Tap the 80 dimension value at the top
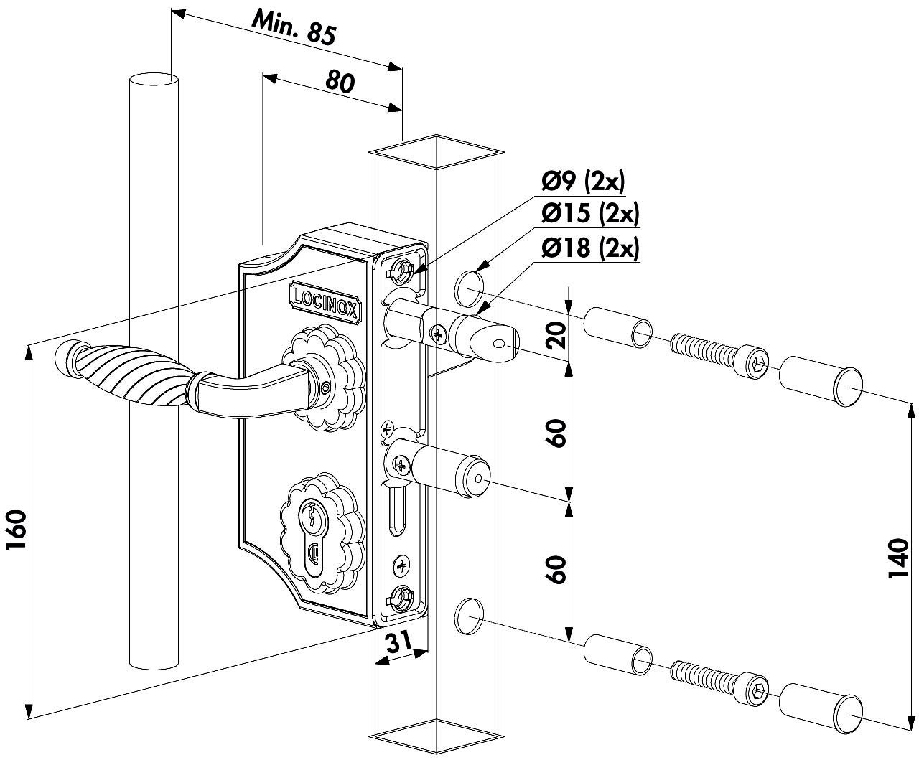339,81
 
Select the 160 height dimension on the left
16,530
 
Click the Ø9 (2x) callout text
583,182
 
